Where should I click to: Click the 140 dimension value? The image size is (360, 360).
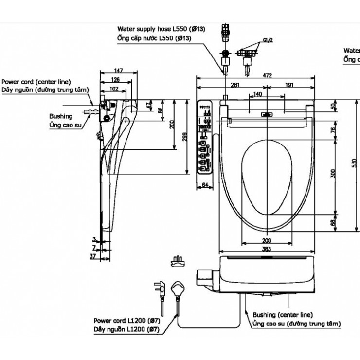click(x=258, y=94)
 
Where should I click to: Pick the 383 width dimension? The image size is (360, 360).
click(x=267, y=249)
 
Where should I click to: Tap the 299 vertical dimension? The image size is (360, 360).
click(x=183, y=137)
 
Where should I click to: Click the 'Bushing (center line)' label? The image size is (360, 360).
click(x=282, y=315)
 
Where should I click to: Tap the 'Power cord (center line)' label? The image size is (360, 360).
click(x=36, y=82)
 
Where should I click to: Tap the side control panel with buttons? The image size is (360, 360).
click(x=205, y=137)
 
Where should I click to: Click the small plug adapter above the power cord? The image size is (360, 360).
click(x=178, y=261)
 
